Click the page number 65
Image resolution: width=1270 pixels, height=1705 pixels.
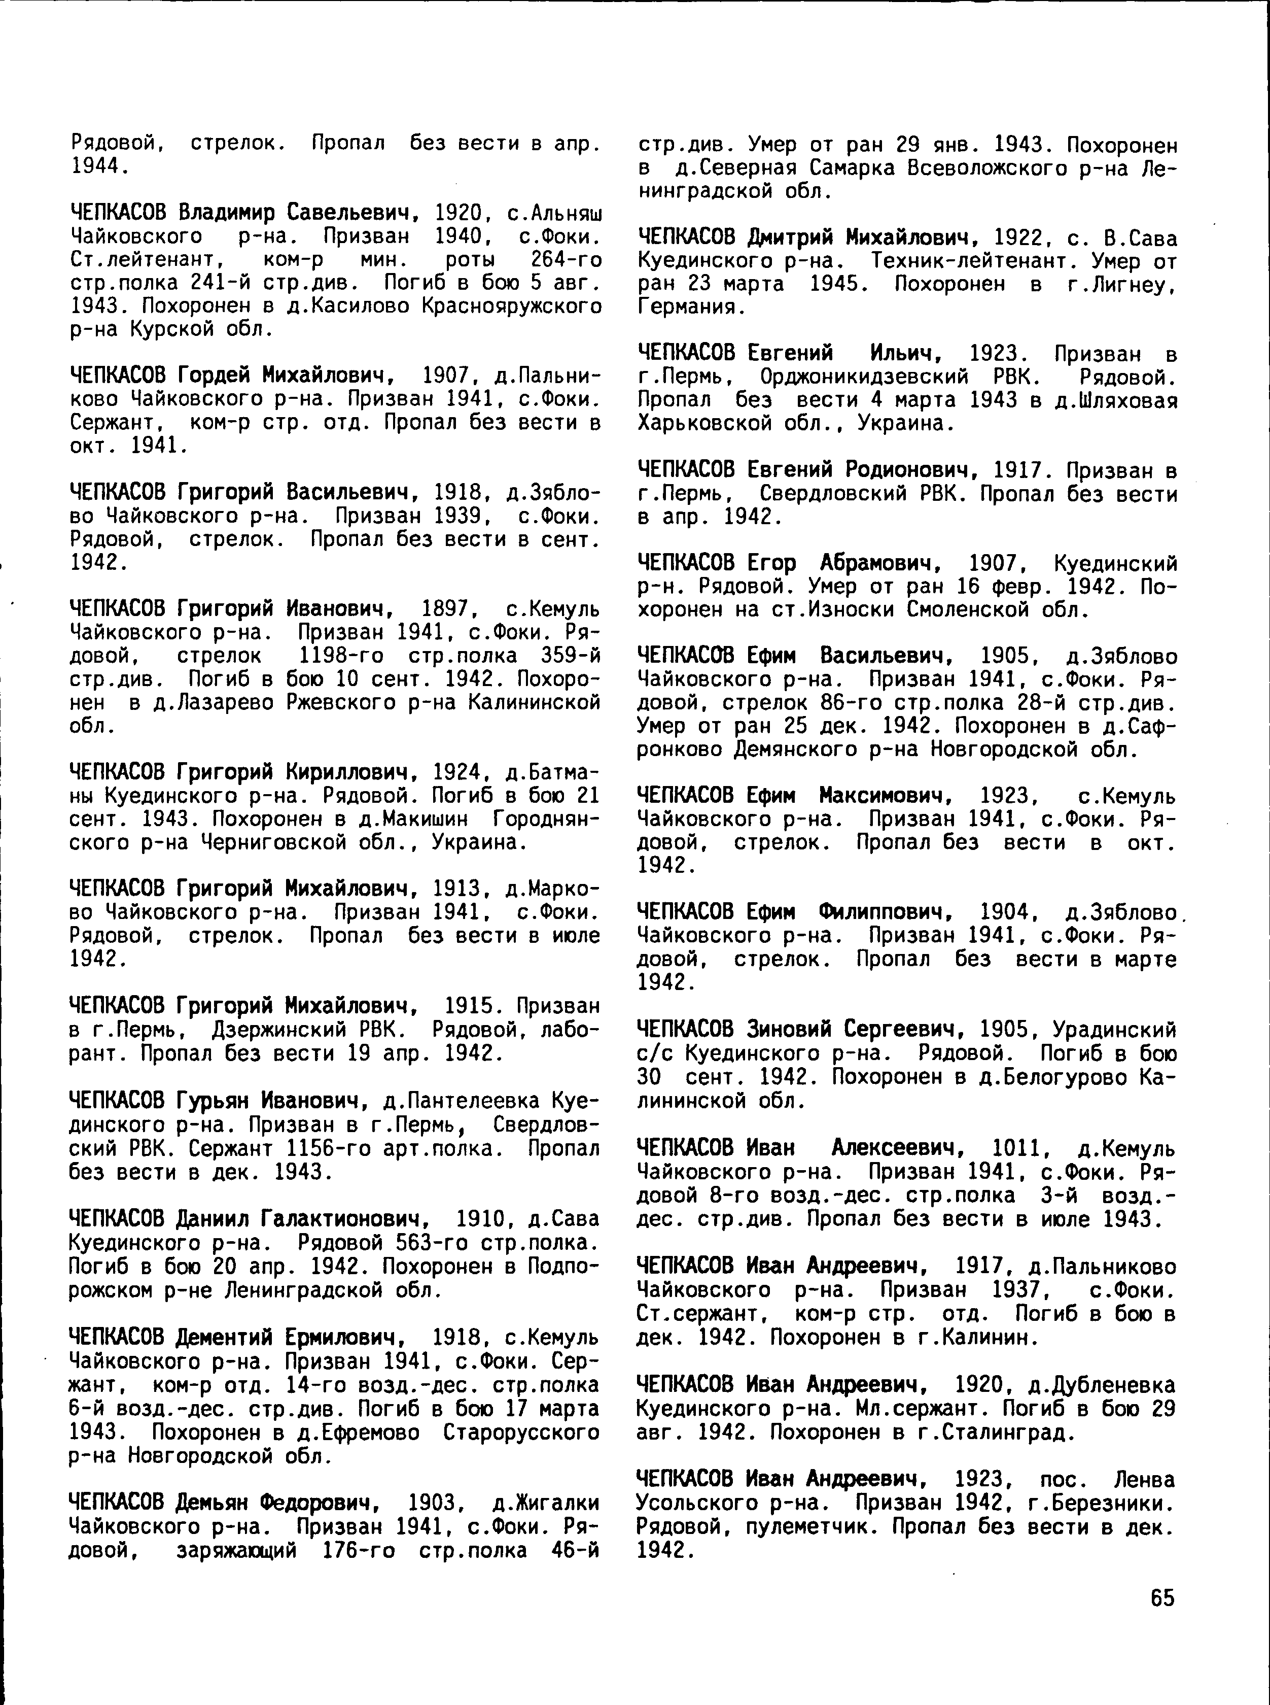(x=1162, y=1598)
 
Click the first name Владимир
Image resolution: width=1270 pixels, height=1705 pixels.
(x=226, y=212)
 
